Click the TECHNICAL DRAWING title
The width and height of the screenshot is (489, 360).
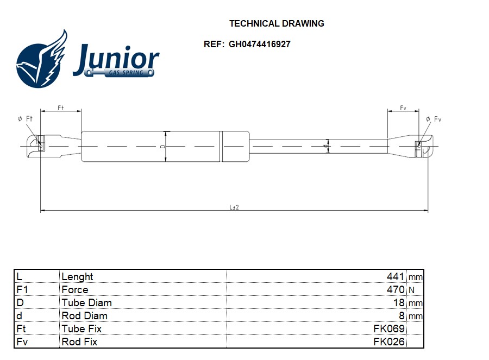(277, 23)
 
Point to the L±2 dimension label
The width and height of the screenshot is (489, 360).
(234, 207)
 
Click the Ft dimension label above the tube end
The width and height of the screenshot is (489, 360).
(61, 108)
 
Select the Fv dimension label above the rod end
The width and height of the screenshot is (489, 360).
(403, 108)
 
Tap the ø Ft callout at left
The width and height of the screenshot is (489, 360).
(26, 118)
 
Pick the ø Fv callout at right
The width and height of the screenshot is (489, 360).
(434, 119)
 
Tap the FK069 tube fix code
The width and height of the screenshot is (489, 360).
(389, 329)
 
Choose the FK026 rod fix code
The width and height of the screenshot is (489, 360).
(389, 342)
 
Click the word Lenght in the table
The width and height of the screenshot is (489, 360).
(77, 276)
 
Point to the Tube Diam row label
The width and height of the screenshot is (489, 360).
(86, 302)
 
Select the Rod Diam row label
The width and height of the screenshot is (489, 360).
(84, 315)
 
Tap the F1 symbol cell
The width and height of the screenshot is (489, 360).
(22, 289)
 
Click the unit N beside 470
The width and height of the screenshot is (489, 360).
(411, 290)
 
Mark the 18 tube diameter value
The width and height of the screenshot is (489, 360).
(399, 302)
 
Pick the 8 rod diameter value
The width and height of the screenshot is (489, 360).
(402, 315)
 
